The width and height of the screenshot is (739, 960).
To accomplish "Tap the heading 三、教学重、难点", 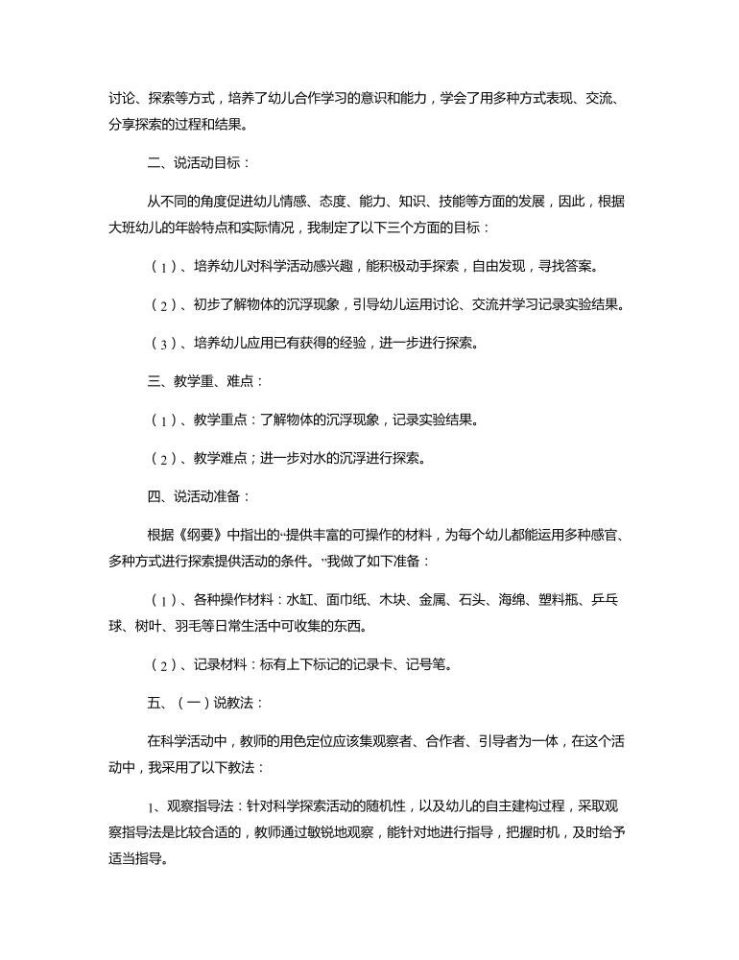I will pos(194,381).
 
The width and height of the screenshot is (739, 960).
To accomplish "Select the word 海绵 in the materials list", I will pos(513,600).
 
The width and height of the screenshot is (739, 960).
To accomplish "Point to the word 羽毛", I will pos(187,626).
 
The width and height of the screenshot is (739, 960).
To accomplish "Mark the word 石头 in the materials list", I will pos(472,600).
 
